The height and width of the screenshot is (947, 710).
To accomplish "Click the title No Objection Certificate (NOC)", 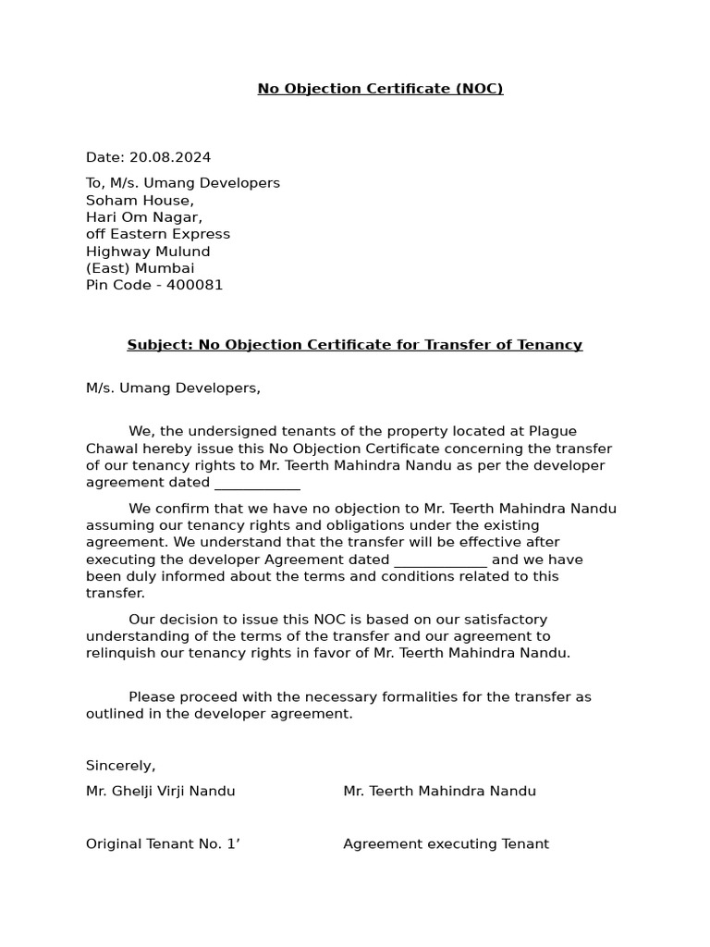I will (380, 89).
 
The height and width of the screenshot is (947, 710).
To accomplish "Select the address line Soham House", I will (140, 200).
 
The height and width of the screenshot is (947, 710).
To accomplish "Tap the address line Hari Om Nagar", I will (143, 217).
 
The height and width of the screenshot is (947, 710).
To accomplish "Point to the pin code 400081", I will (194, 285).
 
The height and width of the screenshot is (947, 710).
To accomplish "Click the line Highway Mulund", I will (148, 252).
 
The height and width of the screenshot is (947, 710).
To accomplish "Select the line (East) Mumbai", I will (140, 268).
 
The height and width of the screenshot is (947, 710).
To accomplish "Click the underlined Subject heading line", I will (354, 345).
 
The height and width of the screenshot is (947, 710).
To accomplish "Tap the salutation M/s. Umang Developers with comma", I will (173, 388).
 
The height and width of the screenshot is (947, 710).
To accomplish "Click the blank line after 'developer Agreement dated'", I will (440, 560).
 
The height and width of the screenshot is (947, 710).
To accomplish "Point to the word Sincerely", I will (120, 766).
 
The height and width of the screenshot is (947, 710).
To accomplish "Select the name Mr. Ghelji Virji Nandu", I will (160, 791).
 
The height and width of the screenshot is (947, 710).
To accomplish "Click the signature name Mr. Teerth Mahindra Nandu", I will (439, 791).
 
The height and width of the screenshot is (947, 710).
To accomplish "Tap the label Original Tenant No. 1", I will (163, 843).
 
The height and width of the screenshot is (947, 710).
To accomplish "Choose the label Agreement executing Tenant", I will (446, 843).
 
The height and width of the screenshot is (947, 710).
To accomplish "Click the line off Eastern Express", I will (158, 234).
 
